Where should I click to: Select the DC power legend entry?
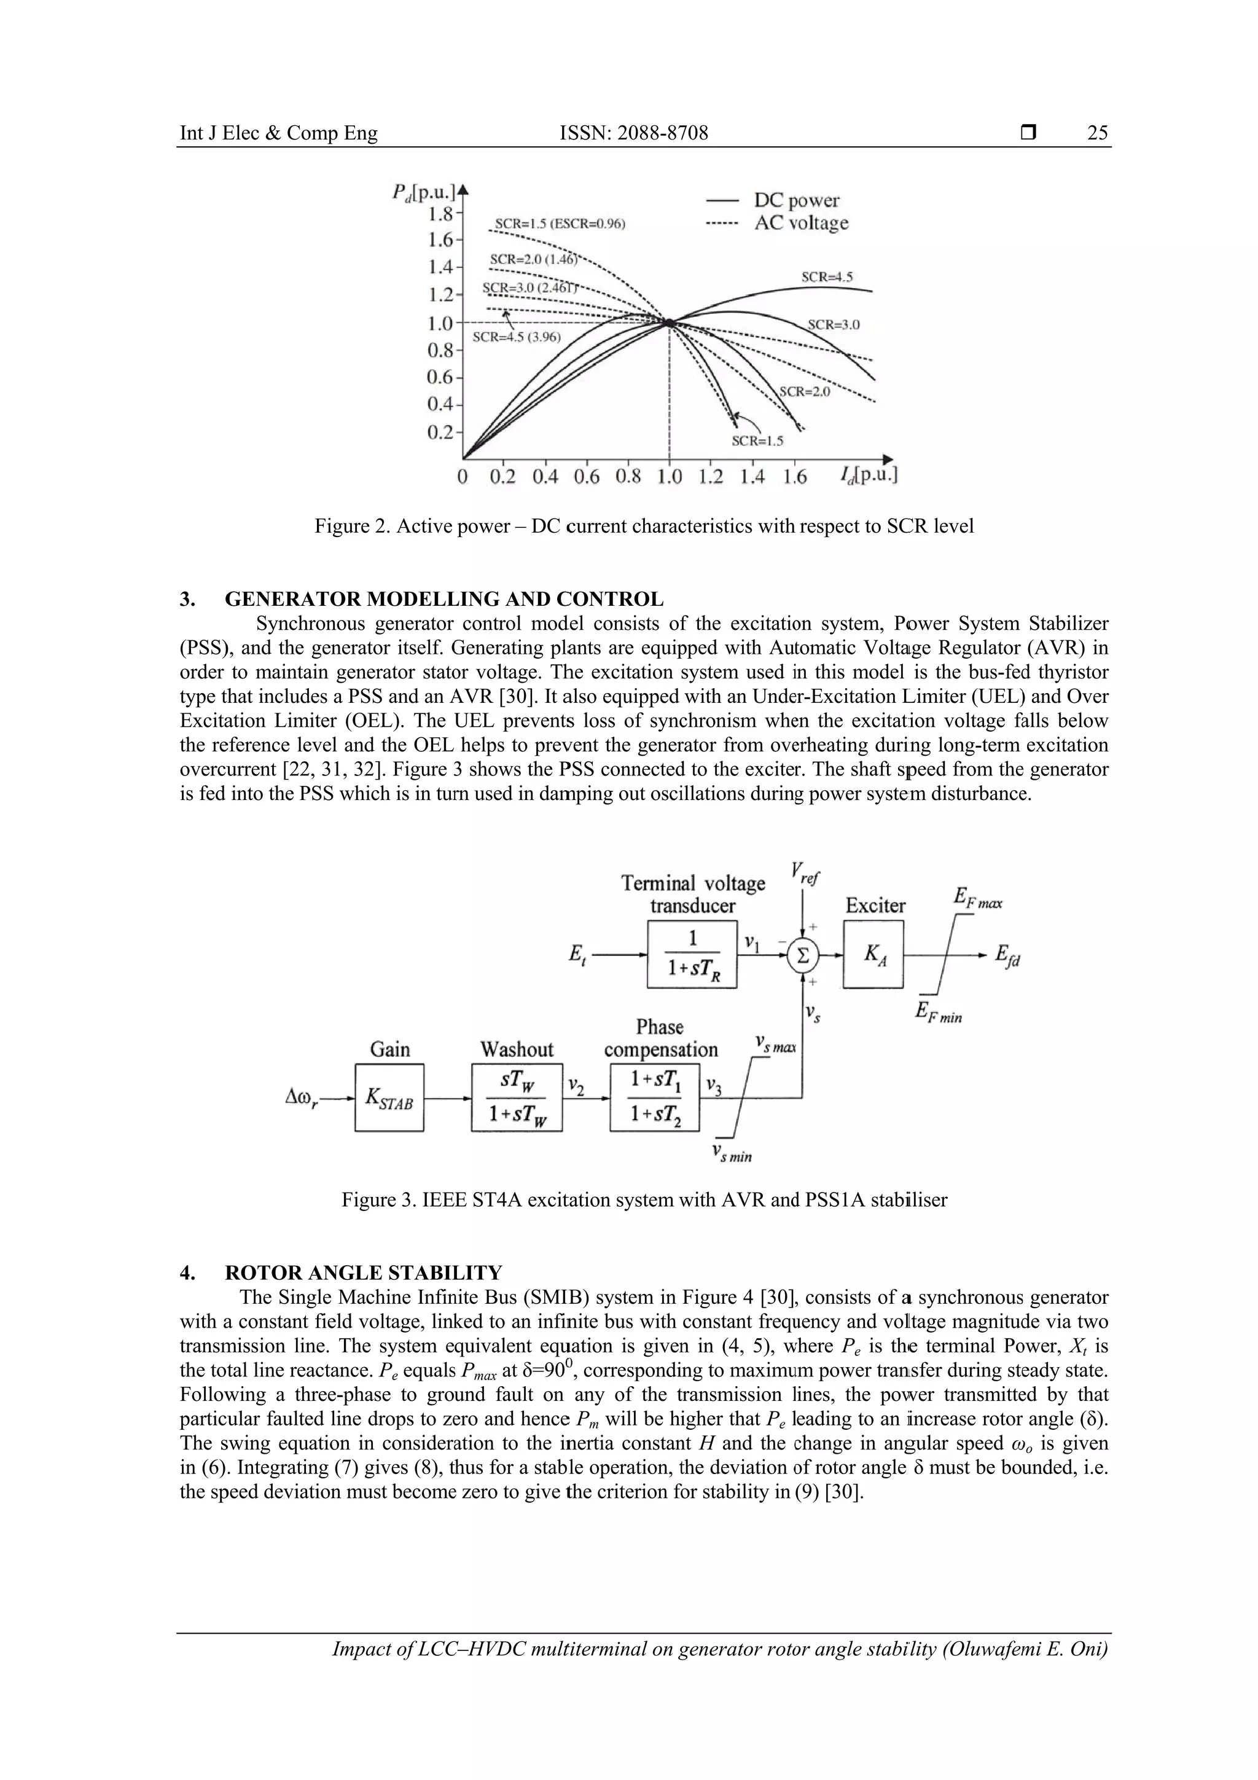[x=796, y=201]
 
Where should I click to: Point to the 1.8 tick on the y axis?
[x=441, y=211]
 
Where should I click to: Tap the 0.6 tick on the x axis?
[x=586, y=476]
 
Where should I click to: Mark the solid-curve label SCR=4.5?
[x=827, y=276]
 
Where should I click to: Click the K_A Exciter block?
[x=873, y=954]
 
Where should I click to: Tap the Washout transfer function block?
[x=516, y=1098]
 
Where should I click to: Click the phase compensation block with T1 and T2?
[x=654, y=1098]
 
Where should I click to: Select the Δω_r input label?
[x=302, y=1098]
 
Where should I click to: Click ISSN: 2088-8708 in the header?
[x=633, y=133]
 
